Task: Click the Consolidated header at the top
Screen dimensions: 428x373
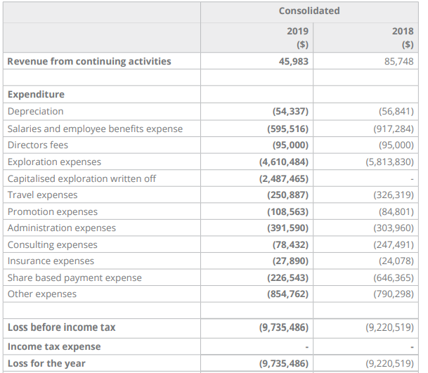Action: pyautogui.click(x=309, y=11)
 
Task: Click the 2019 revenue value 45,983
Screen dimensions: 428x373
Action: pyautogui.click(x=294, y=61)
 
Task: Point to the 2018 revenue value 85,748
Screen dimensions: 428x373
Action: pyautogui.click(x=399, y=61)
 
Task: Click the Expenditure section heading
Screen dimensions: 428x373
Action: pyautogui.click(x=36, y=94)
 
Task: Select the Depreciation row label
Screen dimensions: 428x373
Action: pyautogui.click(x=35, y=111)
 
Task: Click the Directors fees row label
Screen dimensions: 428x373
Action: pyautogui.click(x=38, y=145)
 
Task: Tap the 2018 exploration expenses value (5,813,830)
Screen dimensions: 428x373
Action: pyautogui.click(x=390, y=162)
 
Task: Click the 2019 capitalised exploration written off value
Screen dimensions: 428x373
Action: pyautogui.click(x=284, y=178)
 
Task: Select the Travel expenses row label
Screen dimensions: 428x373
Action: pyautogui.click(x=43, y=195)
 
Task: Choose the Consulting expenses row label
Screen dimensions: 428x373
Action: pyautogui.click(x=53, y=244)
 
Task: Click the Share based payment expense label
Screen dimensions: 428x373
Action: pyautogui.click(x=74, y=277)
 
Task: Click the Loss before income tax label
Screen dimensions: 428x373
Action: pyautogui.click(x=61, y=327)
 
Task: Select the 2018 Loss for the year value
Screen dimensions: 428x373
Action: pyautogui.click(x=390, y=363)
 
